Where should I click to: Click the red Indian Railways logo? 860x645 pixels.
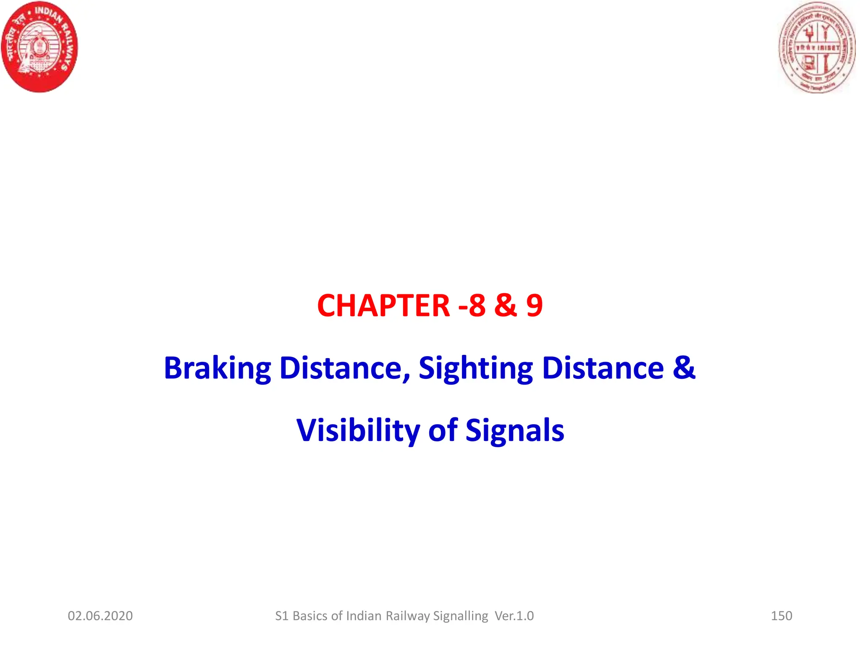pyautogui.click(x=40, y=47)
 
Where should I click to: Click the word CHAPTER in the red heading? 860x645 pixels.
pyautogui.click(x=383, y=305)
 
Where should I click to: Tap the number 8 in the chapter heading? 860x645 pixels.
pyautogui.click(x=477, y=305)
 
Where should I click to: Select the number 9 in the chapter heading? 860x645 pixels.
pyautogui.click(x=534, y=305)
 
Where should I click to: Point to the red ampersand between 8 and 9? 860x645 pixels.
pyautogui.click(x=506, y=305)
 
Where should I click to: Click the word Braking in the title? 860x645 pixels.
pyautogui.click(x=217, y=368)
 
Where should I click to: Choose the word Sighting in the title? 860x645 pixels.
pyautogui.click(x=475, y=368)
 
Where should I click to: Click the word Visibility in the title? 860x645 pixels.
pyautogui.click(x=358, y=431)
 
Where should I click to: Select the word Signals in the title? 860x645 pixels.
pyautogui.click(x=515, y=431)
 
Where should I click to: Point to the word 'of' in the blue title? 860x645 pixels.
pyautogui.click(x=443, y=431)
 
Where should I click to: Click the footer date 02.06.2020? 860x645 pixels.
pyautogui.click(x=100, y=616)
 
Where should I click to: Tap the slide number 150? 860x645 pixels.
pyautogui.click(x=781, y=616)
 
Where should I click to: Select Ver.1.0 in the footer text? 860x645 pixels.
pyautogui.click(x=514, y=616)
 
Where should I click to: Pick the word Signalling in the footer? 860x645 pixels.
pyautogui.click(x=461, y=616)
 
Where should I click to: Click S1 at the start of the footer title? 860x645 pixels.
pyautogui.click(x=282, y=616)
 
